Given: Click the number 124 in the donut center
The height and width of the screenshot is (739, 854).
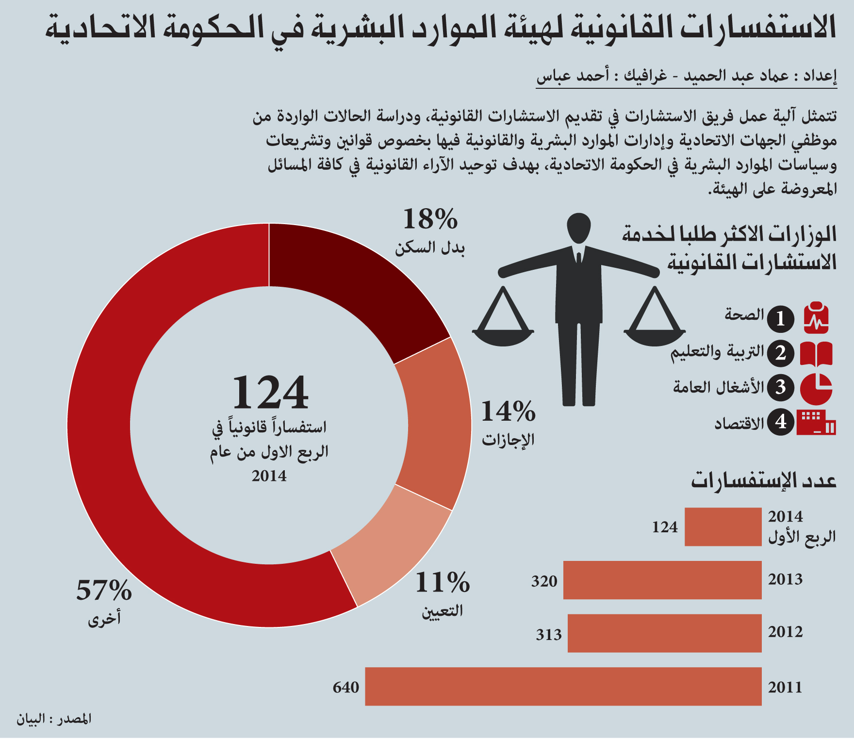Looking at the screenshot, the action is [270, 393].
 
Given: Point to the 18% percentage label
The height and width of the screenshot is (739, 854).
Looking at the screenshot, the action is [430, 219].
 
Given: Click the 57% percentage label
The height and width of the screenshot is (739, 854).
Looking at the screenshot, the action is [104, 591].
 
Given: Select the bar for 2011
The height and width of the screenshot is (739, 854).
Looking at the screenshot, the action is [563, 686].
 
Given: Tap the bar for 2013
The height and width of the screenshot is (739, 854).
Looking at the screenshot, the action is [662, 580].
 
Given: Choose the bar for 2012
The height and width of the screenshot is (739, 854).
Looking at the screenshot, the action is [665, 633].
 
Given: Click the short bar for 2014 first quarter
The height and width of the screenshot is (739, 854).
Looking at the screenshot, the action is [723, 527].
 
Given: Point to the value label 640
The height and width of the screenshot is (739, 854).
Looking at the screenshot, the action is [346, 688].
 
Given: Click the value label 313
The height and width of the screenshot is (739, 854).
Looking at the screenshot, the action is [549, 635].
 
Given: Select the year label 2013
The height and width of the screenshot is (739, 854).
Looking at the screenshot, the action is [785, 579].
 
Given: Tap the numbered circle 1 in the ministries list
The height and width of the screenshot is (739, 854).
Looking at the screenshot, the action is [780, 319].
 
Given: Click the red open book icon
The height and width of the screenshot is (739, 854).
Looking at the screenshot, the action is [816, 353].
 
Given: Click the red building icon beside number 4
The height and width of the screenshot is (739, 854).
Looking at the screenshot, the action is [816, 422].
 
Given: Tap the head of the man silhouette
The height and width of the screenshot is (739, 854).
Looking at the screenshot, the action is [579, 228].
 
